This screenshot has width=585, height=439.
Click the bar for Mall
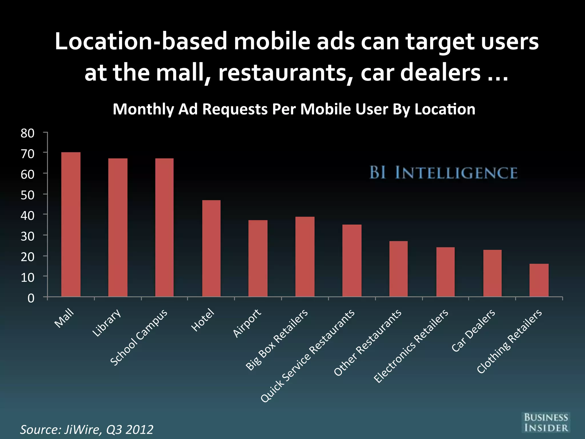pyautogui.click(x=71, y=224)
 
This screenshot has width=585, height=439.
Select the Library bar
pyautogui.click(x=118, y=228)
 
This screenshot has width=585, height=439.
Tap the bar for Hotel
pyautogui.click(x=211, y=248)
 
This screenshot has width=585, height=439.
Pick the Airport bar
pyautogui.click(x=258, y=258)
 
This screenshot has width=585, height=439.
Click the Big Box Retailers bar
pyautogui.click(x=305, y=257)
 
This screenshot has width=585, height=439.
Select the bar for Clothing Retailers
pyautogui.click(x=539, y=280)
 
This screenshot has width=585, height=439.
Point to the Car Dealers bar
pyautogui.click(x=492, y=273)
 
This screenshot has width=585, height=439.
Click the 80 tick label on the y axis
pyautogui.click(x=27, y=133)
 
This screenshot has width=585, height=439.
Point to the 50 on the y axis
pyautogui.click(x=27, y=195)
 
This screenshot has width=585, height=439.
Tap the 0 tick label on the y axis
pyautogui.click(x=31, y=298)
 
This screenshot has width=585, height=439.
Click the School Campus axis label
pyautogui.click(x=139, y=337)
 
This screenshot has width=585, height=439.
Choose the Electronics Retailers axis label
pyautogui.click(x=411, y=346)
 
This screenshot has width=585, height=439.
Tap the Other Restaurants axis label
pyautogui.click(x=368, y=342)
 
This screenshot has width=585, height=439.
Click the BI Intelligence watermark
pyautogui.click(x=443, y=173)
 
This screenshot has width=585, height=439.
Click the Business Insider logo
pyautogui.click(x=546, y=422)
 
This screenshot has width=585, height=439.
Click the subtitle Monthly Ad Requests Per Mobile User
pyautogui.click(x=294, y=109)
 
